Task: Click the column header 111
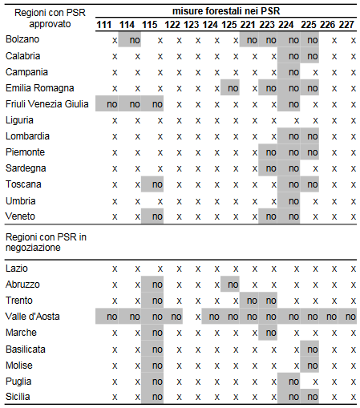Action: click(103, 25)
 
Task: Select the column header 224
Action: click(286, 25)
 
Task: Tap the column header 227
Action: click(346, 25)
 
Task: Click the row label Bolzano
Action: click(22, 39)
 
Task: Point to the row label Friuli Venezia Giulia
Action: click(47, 104)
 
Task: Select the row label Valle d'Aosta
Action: click(33, 317)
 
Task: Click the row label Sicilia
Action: click(18, 397)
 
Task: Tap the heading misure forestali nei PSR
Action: click(226, 11)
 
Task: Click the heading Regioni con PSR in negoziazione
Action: click(46, 242)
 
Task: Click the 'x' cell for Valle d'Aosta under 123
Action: click(198, 317)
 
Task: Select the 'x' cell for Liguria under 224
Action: click(297, 121)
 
